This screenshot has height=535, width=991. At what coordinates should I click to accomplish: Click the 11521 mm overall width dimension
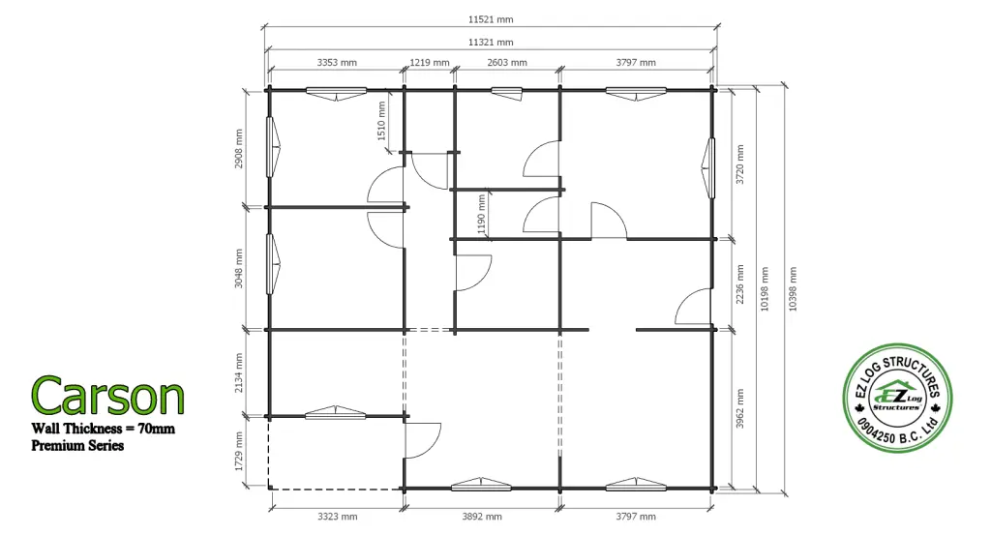(491, 19)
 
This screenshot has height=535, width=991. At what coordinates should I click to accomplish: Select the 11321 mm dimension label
(491, 43)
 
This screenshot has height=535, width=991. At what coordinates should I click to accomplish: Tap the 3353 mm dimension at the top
(337, 63)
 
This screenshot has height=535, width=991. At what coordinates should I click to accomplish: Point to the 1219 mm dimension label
(430, 63)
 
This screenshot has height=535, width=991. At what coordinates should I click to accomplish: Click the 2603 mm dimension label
(507, 63)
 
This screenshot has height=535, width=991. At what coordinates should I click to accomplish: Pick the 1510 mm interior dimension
(381, 121)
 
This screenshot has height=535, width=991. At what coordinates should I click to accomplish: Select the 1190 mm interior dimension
(482, 214)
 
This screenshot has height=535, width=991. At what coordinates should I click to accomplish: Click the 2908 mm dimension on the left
(239, 148)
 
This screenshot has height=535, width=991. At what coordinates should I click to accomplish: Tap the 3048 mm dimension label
(239, 268)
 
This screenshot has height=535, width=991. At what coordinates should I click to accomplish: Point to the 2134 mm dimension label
(239, 372)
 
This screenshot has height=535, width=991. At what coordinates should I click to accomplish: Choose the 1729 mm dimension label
(239, 451)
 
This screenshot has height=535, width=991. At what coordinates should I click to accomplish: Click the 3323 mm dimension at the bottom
(337, 517)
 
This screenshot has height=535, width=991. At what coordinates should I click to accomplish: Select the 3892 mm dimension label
(482, 517)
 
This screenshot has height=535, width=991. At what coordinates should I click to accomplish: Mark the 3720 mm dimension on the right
(740, 164)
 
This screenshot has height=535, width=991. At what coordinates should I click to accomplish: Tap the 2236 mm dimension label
(740, 284)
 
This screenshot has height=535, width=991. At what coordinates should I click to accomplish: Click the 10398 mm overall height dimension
(794, 288)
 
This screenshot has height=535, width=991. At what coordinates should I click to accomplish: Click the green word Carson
(107, 396)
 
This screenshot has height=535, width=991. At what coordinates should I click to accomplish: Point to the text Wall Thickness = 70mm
(103, 429)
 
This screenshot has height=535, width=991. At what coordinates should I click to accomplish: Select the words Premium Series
(77, 445)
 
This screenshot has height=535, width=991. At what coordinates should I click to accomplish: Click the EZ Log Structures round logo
(897, 398)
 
